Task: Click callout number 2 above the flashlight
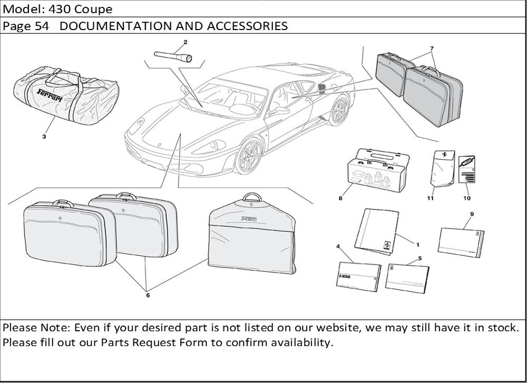[186, 41]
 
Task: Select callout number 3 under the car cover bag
[44, 137]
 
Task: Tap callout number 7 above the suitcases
[432, 49]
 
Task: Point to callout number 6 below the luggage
[148, 295]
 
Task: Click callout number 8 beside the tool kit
[340, 199]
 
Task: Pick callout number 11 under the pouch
[430, 198]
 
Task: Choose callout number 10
[466, 198]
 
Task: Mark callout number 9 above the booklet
[471, 214]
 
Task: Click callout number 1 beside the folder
[417, 245]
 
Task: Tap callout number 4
[338, 246]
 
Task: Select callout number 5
[419, 258]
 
